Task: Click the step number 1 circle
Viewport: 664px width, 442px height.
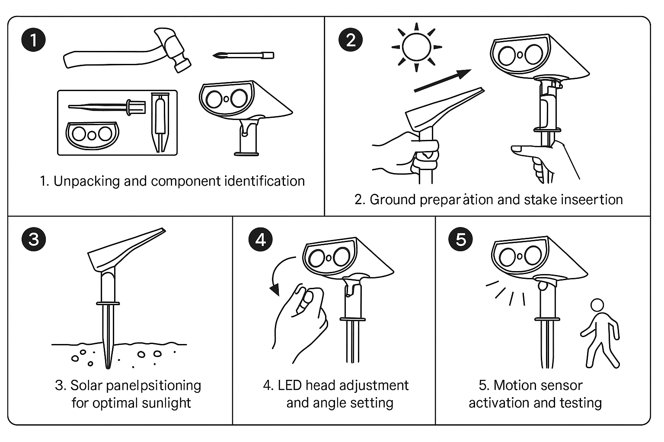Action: [x=33, y=40]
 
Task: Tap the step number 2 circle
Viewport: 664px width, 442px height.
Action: [x=351, y=40]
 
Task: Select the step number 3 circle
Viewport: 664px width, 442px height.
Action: [x=33, y=239]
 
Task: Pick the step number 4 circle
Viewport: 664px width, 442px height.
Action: [x=261, y=239]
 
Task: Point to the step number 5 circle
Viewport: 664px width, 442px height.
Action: [x=461, y=239]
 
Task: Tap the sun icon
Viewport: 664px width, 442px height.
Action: [x=416, y=47]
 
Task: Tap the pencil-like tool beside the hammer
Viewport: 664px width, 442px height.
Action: [x=243, y=55]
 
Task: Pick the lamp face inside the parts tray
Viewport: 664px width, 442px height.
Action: [x=92, y=134]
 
